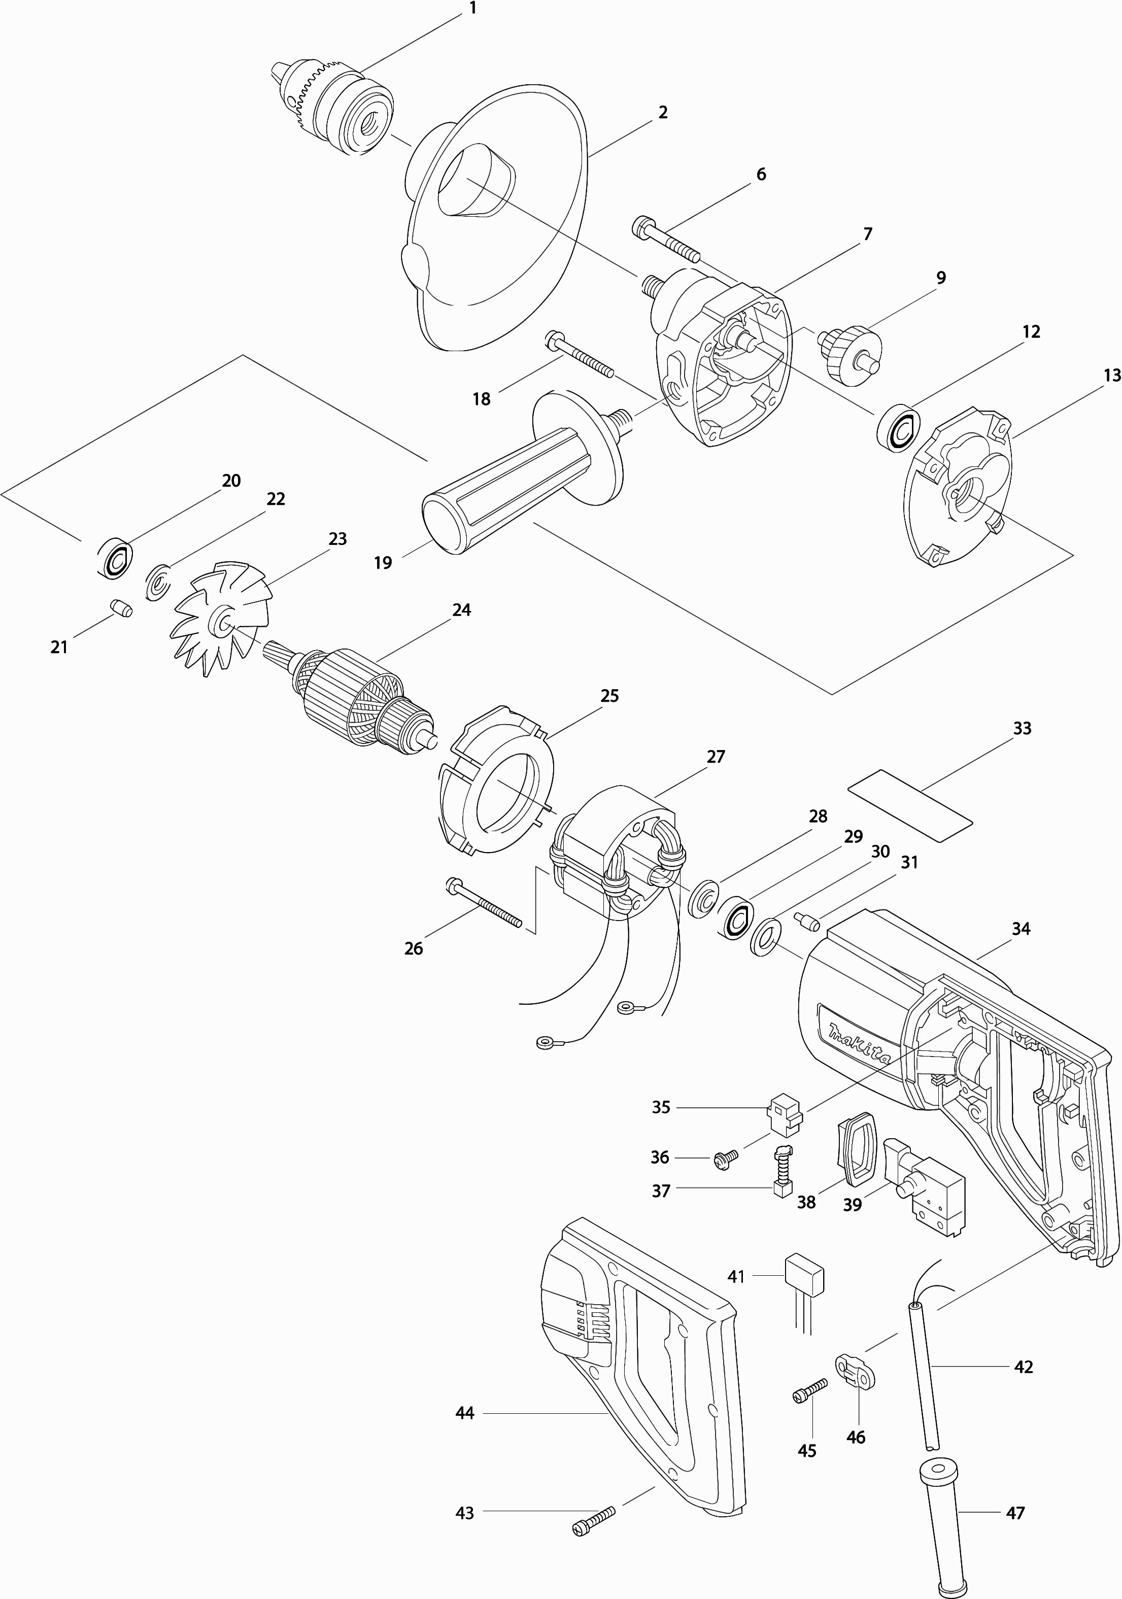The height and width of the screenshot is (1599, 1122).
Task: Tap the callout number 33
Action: point(1022,729)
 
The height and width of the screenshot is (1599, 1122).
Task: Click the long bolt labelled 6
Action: point(665,240)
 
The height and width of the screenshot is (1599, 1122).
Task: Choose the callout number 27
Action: point(716,757)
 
